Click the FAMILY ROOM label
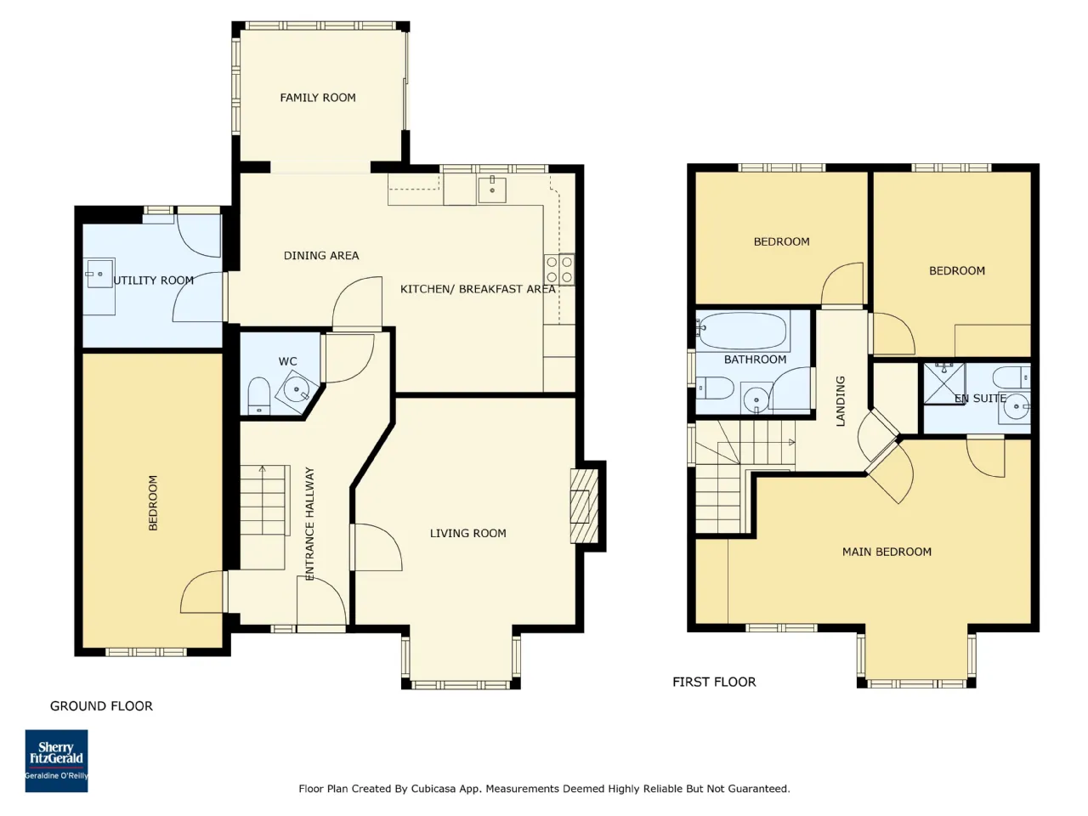click(318, 98)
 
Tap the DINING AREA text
click(321, 256)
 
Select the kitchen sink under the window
click(491, 189)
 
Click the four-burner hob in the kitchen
click(559, 269)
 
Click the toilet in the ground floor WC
click(258, 396)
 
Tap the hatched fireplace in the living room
click(585, 506)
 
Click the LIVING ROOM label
click(467, 534)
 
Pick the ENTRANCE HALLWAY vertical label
click(309, 524)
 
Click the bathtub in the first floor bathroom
click(740, 331)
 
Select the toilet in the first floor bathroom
click(715, 388)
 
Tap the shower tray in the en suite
click(944, 384)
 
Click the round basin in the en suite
click(1016, 407)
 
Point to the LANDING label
click(840, 401)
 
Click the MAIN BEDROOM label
click(887, 552)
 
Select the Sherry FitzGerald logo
click(56, 761)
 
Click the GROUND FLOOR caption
click(102, 706)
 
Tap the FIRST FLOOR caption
click(714, 682)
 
